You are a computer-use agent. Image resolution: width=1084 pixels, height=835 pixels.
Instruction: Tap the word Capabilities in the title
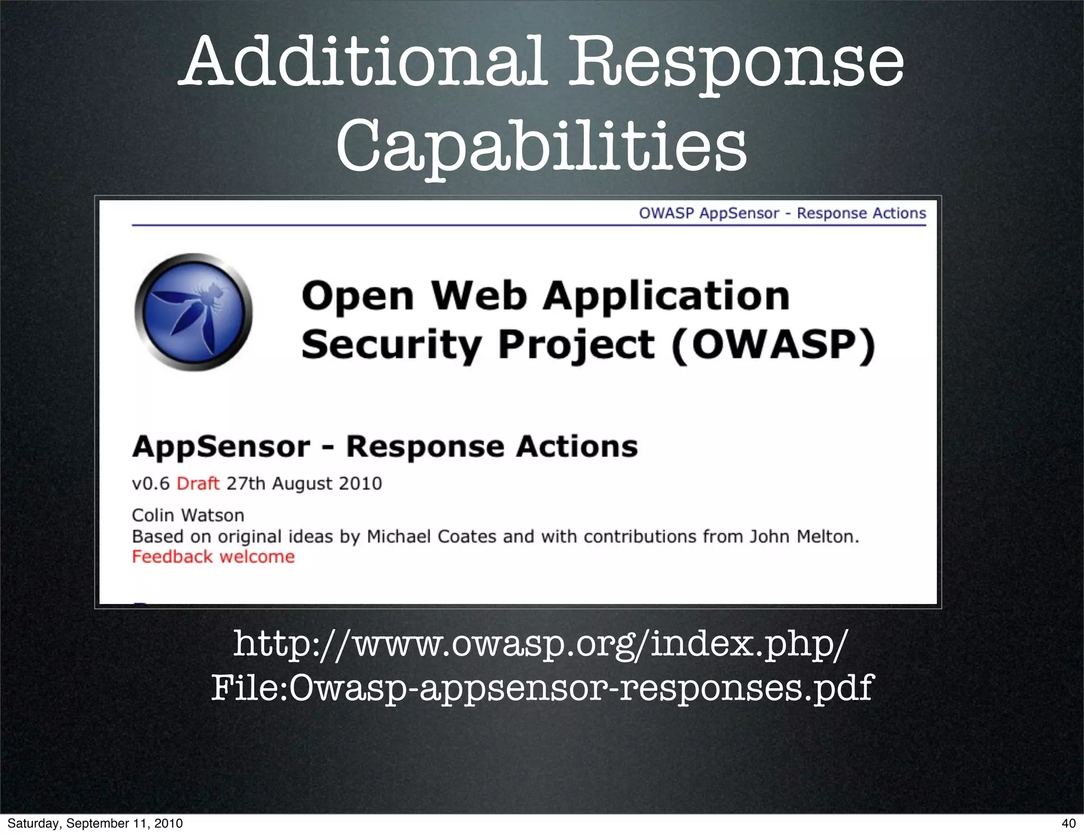(x=541, y=144)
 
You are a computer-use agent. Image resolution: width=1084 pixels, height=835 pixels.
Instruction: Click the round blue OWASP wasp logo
(x=194, y=312)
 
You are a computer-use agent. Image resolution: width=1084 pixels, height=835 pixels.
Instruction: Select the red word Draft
(x=198, y=483)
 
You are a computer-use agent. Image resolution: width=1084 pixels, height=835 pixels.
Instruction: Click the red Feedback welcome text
(x=213, y=557)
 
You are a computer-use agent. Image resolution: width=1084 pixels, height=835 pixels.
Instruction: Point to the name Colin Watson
(x=188, y=515)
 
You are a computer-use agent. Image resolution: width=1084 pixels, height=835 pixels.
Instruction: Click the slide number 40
(x=1069, y=823)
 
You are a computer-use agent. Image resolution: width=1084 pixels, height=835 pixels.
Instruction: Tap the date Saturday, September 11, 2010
(x=95, y=823)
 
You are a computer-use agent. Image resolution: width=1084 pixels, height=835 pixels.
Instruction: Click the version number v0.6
(x=151, y=483)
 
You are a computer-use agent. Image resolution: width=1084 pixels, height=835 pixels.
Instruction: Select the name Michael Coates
(x=431, y=537)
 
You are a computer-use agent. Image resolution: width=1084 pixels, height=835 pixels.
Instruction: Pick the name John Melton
(x=804, y=537)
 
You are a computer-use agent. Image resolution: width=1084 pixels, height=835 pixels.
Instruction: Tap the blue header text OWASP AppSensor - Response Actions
(x=782, y=213)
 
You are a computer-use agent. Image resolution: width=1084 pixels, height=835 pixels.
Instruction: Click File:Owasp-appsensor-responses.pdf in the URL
(x=542, y=688)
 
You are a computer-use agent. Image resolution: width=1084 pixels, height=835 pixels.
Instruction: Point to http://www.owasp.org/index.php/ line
(x=541, y=644)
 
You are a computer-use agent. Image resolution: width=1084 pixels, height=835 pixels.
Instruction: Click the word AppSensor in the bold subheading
(x=221, y=446)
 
